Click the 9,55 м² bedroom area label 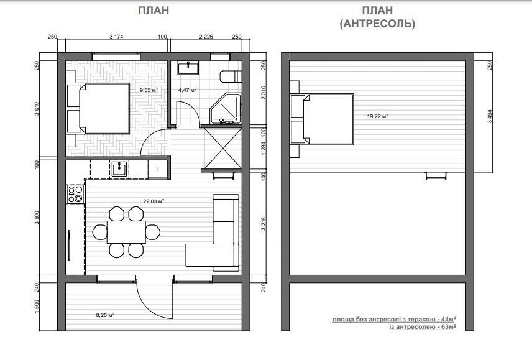[x=149, y=90]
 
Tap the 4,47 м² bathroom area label [x=187, y=90]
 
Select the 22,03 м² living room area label [x=154, y=201]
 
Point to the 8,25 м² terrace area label [x=105, y=315]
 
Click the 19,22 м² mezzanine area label [x=377, y=116]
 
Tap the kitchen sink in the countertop [x=119, y=168]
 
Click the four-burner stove [x=75, y=194]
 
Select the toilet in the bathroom [x=231, y=76]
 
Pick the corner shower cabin [x=225, y=109]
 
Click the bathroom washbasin [x=188, y=68]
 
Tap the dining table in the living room [x=127, y=232]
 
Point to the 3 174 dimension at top [x=116, y=37]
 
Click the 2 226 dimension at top [x=206, y=37]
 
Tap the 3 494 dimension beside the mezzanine [x=490, y=116]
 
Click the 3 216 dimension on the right [x=264, y=224]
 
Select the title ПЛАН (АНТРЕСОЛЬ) [x=377, y=17]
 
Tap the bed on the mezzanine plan [x=322, y=119]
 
